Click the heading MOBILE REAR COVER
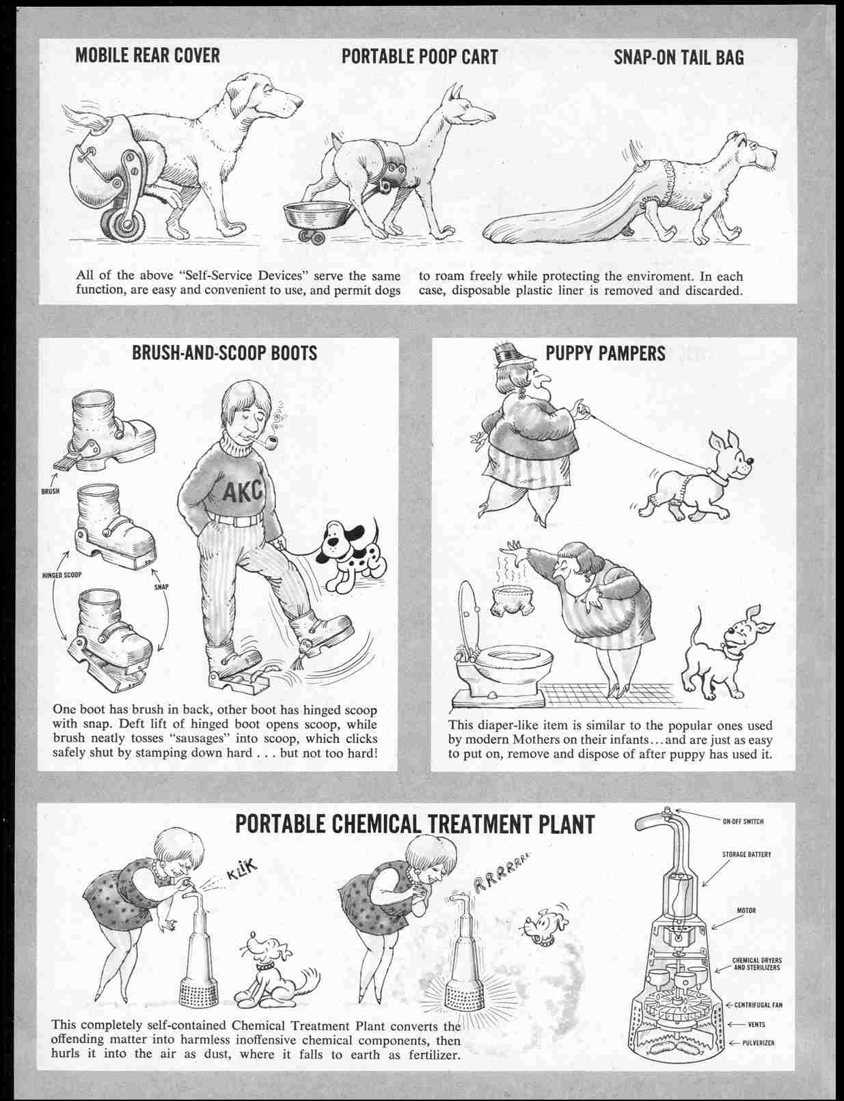pos(148,56)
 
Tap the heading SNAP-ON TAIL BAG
pos(679,57)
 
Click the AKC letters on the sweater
pos(243,490)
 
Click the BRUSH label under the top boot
pos(50,491)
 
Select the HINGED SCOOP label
pos(62,575)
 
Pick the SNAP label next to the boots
pos(161,587)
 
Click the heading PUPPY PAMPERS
pos(605,353)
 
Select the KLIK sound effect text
pos(243,870)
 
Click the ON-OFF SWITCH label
pos(743,822)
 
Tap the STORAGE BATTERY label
pos(746,854)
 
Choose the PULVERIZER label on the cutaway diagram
pos(758,1043)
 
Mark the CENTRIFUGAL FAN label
pos(759,1005)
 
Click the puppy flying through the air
pos(543,927)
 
